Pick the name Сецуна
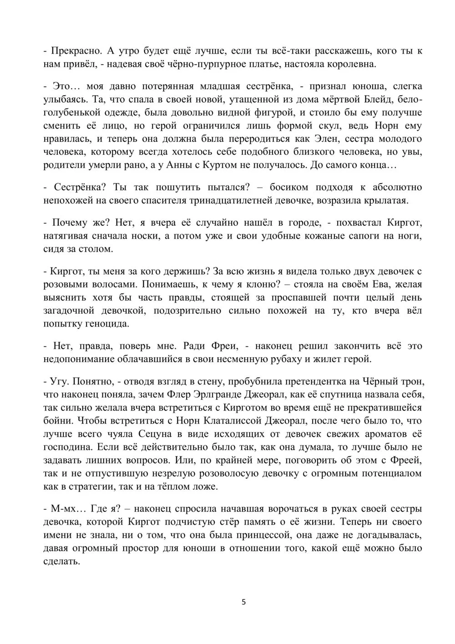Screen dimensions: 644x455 pyautogui.click(x=147, y=434)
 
